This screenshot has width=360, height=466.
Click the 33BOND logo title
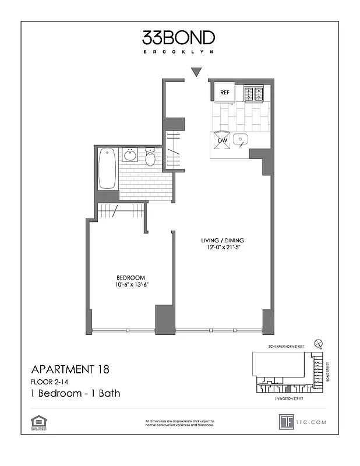pyautogui.click(x=178, y=38)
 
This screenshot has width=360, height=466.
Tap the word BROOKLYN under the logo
pyautogui.click(x=178, y=52)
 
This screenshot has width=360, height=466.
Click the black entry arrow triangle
pyautogui.click(x=196, y=72)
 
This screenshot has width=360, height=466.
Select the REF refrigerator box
pyautogui.click(x=224, y=91)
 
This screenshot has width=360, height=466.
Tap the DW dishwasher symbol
pyautogui.click(x=222, y=140)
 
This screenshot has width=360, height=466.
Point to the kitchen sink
pyautogui.click(x=241, y=140)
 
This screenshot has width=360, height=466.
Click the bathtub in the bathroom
pyautogui.click(x=107, y=169)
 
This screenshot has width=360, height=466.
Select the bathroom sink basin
pyautogui.click(x=130, y=156)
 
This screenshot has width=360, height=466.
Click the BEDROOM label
pyautogui.click(x=130, y=277)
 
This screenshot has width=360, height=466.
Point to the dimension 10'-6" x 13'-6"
pyautogui.click(x=130, y=285)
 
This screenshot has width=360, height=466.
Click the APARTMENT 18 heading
pyautogui.click(x=69, y=369)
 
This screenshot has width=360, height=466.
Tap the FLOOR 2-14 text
pyautogui.click(x=51, y=382)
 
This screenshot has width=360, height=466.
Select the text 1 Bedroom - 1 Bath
pyautogui.click(x=75, y=393)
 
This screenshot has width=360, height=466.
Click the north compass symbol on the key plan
pyautogui.click(x=317, y=344)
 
